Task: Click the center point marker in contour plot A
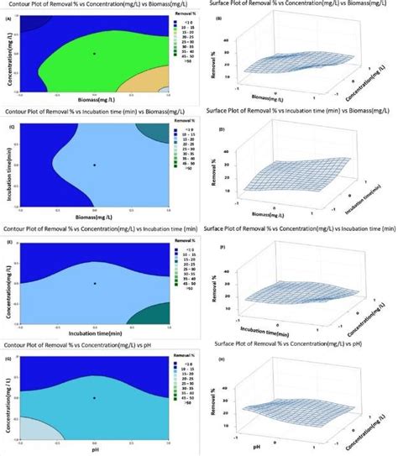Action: coord(94,53)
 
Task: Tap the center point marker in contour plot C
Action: coord(94,165)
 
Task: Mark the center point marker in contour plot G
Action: coord(94,397)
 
